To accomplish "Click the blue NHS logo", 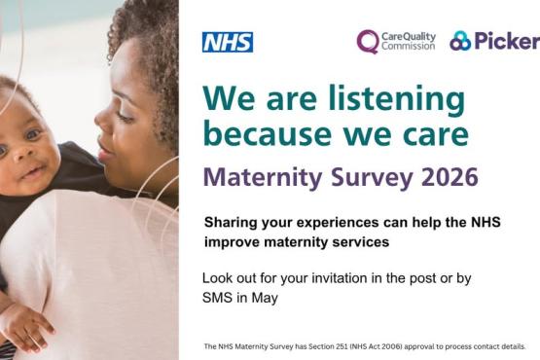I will coord(227,42).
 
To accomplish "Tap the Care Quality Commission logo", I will coord(395,41).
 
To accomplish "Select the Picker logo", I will coord(493,41).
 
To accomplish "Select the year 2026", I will coord(444,178).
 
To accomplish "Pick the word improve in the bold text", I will coord(232,241).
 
